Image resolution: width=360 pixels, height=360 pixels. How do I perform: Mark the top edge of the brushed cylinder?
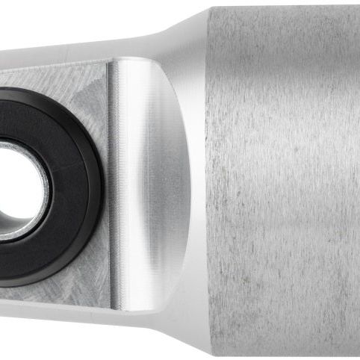pyautogui.click(x=284, y=7)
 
